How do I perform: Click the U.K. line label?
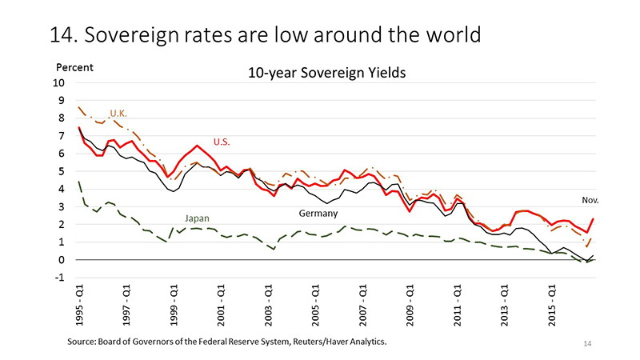click(118, 112)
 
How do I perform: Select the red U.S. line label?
click(222, 142)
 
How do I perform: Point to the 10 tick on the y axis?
click(59, 83)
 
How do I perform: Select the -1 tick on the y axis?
click(61, 278)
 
